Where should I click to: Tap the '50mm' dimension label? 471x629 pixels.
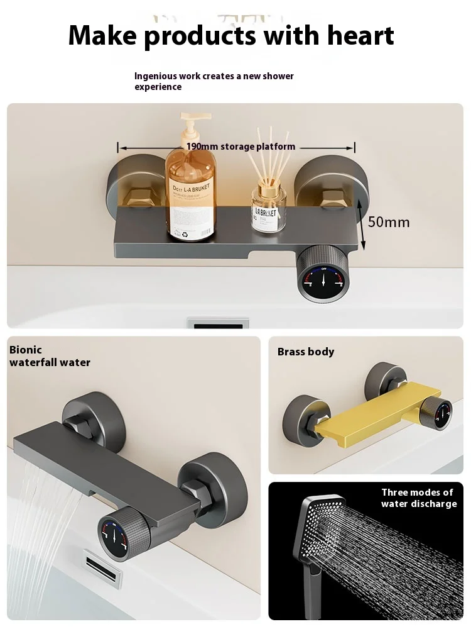point(389,222)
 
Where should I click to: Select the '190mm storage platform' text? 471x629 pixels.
point(241,147)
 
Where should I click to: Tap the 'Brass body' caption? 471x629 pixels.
point(306,352)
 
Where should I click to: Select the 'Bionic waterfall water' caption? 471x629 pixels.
point(50,356)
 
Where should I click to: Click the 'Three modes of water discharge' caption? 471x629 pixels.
point(418,498)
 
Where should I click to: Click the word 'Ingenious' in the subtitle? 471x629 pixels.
point(156,76)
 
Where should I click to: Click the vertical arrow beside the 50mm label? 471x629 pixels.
point(361,221)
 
